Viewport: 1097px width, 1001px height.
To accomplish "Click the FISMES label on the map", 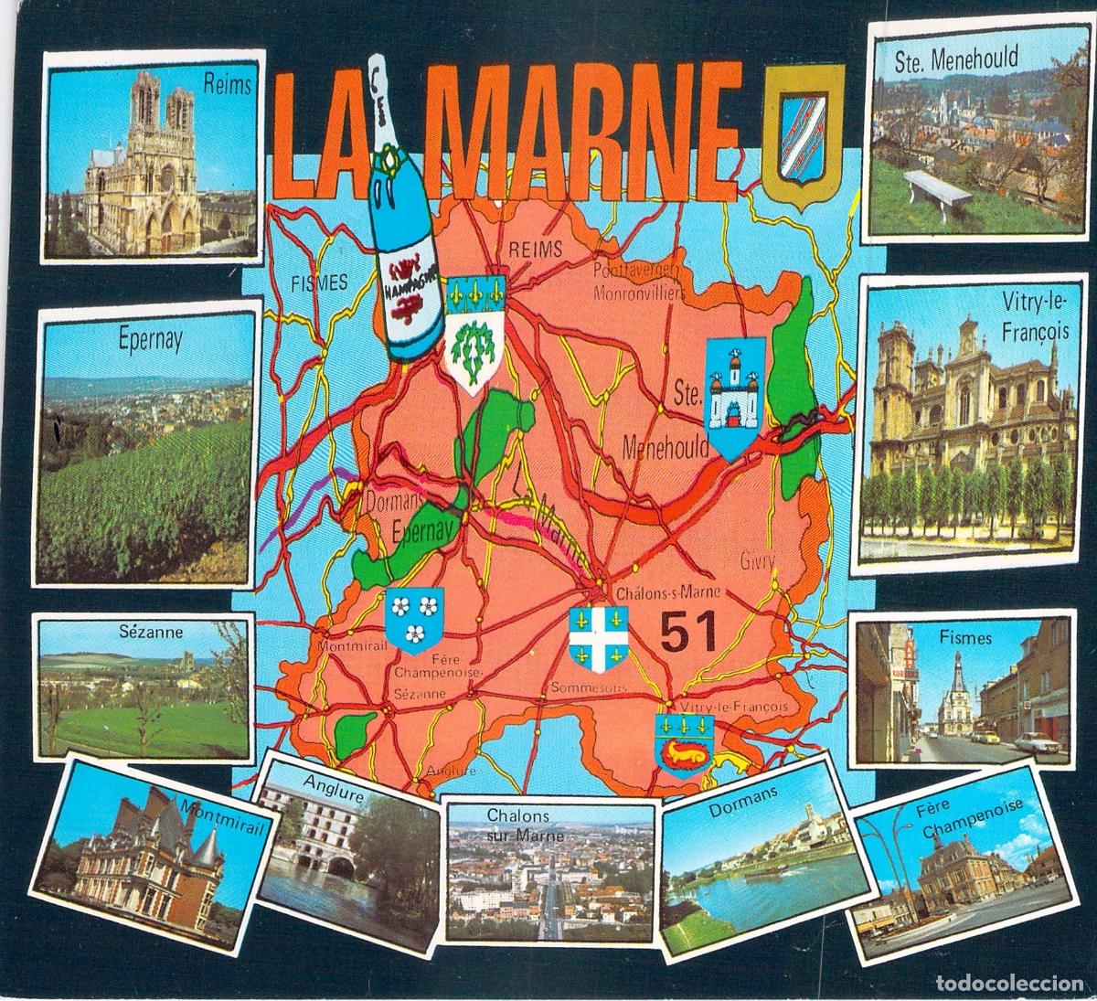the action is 318,282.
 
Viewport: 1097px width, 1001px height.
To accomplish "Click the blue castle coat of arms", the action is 735,397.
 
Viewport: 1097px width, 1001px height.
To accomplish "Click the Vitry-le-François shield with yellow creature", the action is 684,742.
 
